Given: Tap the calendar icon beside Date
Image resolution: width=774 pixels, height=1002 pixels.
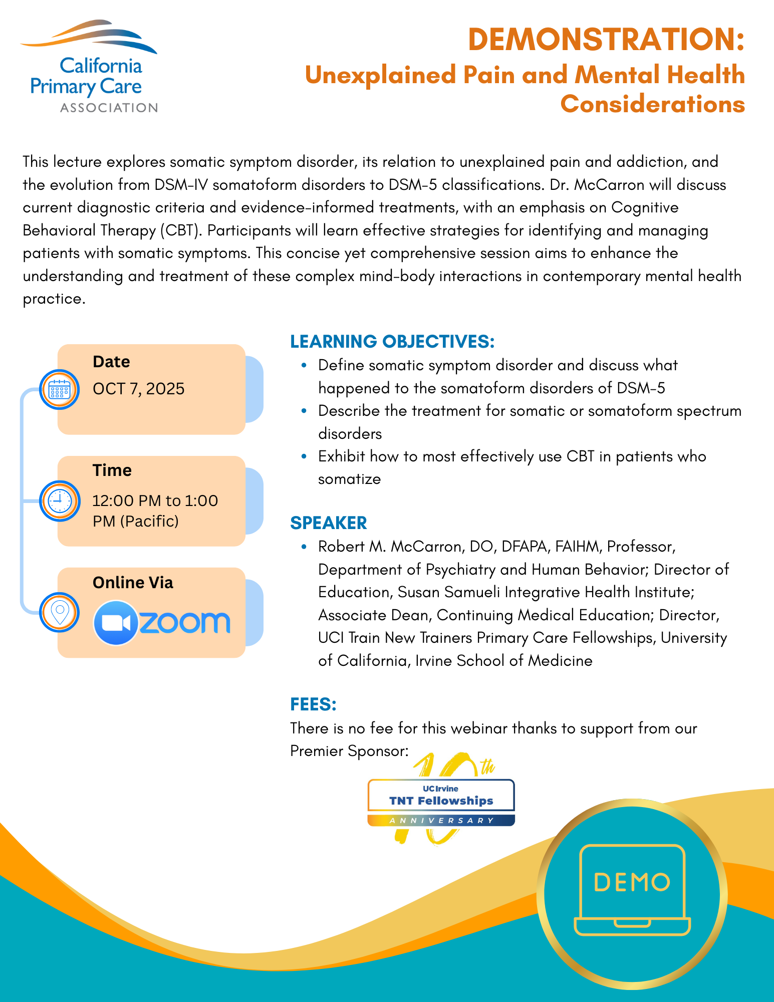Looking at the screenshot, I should (x=60, y=389).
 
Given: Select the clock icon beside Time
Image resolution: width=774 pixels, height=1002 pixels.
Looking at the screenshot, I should (x=60, y=500).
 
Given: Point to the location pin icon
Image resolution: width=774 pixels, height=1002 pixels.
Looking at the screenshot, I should (x=60, y=612).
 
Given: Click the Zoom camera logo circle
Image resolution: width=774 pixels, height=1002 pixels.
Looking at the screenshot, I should (x=116, y=623).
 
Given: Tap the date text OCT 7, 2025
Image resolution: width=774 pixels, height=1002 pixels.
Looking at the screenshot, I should (x=139, y=389).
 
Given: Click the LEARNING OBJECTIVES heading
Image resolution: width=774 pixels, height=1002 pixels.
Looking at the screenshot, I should (x=392, y=341).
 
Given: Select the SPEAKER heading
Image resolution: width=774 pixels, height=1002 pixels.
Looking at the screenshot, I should (x=329, y=523).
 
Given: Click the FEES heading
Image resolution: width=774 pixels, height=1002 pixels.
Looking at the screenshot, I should (x=313, y=704).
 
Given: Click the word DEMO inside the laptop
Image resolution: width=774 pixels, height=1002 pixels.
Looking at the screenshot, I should (x=632, y=882).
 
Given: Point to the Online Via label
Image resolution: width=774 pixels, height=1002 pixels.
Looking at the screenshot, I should (x=133, y=583).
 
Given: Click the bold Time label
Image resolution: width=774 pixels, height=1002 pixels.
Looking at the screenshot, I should (x=112, y=470).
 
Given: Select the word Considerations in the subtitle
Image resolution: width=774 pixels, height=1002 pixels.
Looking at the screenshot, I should (x=652, y=104).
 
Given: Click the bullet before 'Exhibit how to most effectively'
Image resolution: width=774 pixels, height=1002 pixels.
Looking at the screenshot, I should (x=304, y=456).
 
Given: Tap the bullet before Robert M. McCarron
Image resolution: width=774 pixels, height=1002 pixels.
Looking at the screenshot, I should (x=304, y=547).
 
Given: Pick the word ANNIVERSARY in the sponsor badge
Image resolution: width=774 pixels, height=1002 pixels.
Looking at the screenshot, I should (x=441, y=821).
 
